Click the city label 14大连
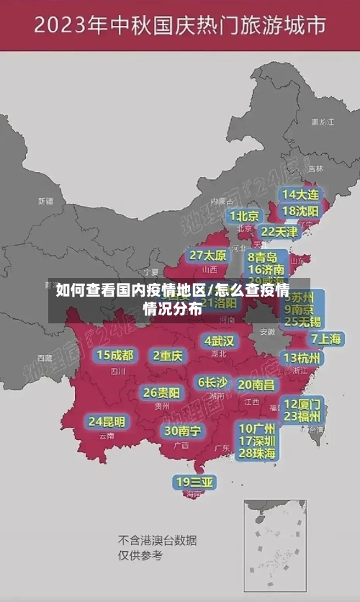(x=301, y=194)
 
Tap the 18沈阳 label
(x=301, y=211)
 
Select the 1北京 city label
(x=244, y=216)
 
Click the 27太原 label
(x=208, y=256)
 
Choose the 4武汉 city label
(x=219, y=341)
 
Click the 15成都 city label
(x=114, y=355)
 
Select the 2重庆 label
(x=168, y=355)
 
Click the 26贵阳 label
(x=161, y=392)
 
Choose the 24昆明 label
(x=107, y=421)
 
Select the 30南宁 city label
(x=182, y=431)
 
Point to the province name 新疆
(x=45, y=201)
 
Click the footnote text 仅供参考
(x=140, y=555)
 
